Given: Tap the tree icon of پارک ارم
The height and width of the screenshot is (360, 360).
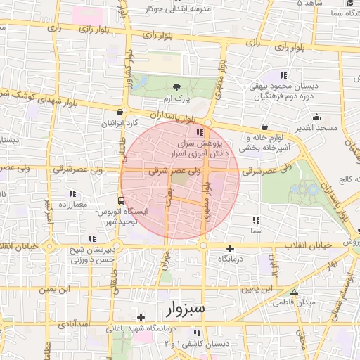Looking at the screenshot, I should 177,86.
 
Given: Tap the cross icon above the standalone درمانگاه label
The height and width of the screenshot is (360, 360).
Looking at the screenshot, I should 230,248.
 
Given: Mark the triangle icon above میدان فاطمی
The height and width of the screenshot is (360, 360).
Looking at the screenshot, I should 294,292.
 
